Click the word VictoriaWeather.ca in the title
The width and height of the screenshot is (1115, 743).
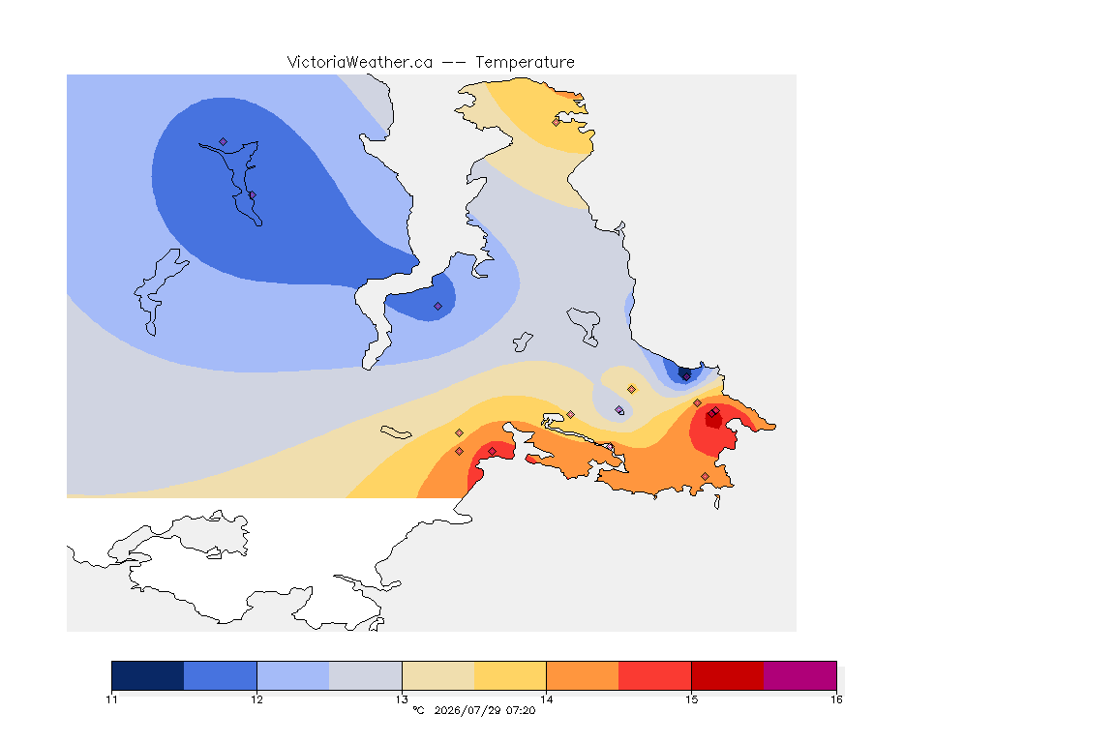click(360, 63)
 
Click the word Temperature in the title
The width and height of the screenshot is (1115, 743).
click(525, 63)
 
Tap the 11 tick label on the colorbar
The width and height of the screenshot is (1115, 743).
click(111, 699)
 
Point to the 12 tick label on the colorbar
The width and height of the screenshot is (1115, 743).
click(256, 699)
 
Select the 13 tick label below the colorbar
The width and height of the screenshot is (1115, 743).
click(402, 699)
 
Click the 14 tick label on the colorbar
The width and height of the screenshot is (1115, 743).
click(546, 699)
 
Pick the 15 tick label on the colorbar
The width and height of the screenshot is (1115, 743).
click(691, 699)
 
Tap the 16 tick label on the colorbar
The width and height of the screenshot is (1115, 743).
click(836, 699)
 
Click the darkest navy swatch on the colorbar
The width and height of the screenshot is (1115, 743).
click(148, 675)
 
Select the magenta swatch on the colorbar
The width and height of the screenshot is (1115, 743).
click(800, 675)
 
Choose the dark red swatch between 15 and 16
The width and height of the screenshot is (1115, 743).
click(728, 675)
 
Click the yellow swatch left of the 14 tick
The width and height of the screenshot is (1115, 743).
click(510, 675)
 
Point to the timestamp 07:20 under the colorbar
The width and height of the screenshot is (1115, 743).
click(522, 710)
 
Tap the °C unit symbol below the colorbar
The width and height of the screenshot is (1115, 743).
click(418, 710)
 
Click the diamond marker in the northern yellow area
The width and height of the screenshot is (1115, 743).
click(557, 122)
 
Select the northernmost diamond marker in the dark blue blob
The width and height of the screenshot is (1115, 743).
click(224, 142)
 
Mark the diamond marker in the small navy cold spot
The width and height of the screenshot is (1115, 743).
click(686, 376)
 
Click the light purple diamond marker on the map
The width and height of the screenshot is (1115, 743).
click(618, 409)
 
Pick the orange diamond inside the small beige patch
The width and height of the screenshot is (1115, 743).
click(631, 390)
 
